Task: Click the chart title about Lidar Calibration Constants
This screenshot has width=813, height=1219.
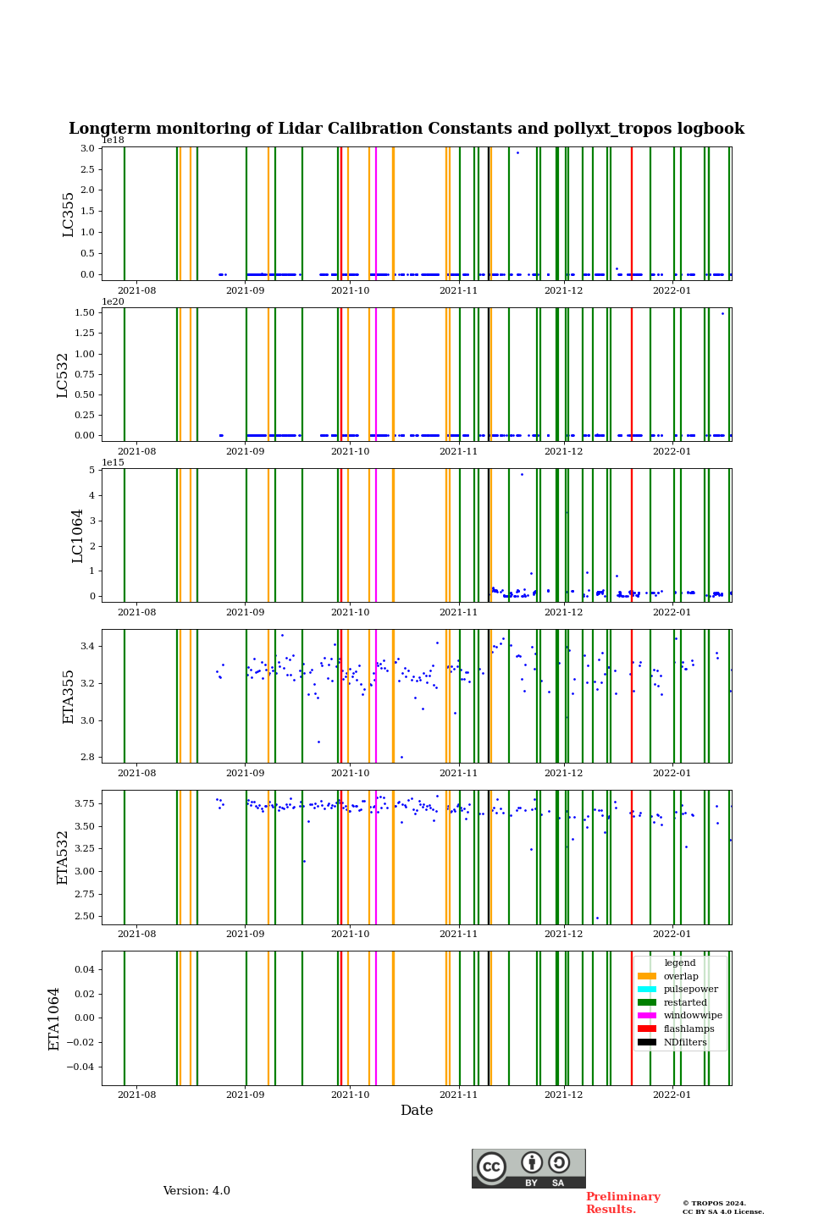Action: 406,129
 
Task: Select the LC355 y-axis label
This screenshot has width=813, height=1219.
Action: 69,214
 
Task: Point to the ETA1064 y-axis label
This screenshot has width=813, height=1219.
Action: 54,1018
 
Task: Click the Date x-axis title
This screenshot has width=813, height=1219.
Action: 417,1111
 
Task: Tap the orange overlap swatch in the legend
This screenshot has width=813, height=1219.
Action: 647,976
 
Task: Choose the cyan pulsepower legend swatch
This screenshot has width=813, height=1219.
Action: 647,989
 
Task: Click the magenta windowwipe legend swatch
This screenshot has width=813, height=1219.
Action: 647,1016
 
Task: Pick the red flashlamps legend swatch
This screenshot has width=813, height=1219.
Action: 647,1029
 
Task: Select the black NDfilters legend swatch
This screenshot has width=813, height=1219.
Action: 647,1042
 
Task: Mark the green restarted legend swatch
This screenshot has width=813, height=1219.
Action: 647,1002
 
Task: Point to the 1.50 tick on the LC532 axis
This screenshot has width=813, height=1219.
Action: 85,313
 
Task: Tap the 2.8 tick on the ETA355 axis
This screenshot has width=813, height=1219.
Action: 88,758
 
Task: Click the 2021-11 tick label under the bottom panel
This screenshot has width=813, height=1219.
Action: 458,1095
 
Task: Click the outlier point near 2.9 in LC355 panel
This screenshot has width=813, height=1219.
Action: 517,152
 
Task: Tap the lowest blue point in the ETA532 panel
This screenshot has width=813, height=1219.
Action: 597,918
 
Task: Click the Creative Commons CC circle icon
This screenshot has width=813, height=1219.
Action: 491,1167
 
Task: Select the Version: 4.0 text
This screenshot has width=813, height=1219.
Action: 196,1191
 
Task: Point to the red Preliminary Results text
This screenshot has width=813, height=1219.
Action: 622,1203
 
